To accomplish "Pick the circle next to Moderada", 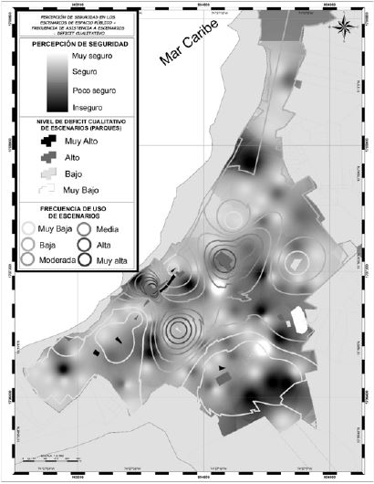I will click(28, 259).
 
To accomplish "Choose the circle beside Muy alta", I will click(85, 259).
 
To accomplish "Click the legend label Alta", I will click(105, 244).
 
